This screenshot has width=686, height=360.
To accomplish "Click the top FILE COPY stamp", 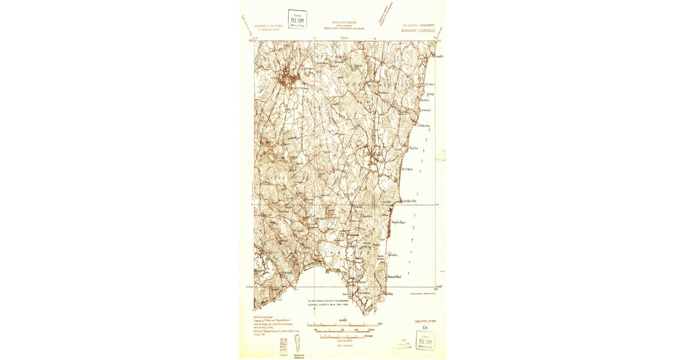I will pos(297,19).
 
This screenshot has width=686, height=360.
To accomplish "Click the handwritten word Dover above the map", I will pos(344,38).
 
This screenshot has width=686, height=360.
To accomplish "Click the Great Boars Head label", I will pos(408,201).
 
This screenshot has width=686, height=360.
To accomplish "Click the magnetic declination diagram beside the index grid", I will pos(297,345).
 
